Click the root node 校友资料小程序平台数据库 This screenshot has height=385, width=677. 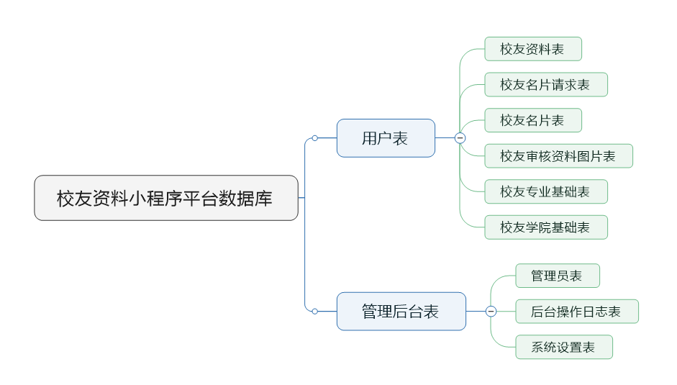click(165, 198)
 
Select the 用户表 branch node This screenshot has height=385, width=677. click(386, 138)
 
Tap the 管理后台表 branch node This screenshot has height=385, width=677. click(401, 312)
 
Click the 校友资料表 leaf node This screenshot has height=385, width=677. click(532, 50)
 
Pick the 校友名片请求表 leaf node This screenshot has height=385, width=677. click(545, 85)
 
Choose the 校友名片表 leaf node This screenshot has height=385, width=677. click(532, 120)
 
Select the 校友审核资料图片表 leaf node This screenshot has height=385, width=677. click(558, 156)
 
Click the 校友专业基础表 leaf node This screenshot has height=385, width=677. click(545, 191)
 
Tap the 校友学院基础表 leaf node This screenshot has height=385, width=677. click(545, 227)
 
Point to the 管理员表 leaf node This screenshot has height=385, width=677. click(557, 276)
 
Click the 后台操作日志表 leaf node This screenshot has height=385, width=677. click(576, 312)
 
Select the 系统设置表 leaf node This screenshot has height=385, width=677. click(563, 347)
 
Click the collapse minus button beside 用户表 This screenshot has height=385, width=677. click(460, 138)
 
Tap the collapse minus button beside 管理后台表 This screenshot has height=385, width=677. click(491, 312)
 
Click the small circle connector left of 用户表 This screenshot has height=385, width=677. click(314, 138)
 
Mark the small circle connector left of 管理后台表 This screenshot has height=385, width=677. click(314, 312)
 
